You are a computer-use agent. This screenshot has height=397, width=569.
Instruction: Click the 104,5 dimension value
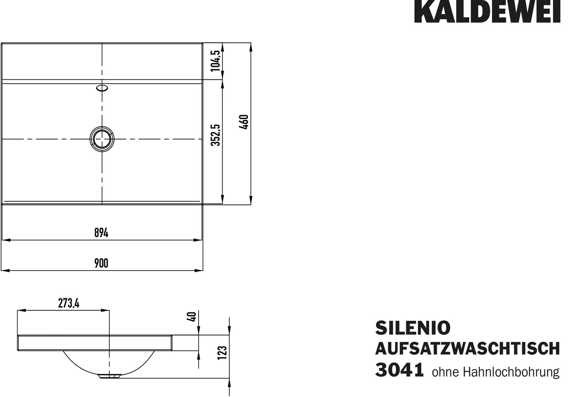(216, 61)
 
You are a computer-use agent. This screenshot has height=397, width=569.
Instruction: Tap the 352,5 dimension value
(216, 135)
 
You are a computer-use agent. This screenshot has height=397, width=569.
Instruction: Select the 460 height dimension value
(244, 122)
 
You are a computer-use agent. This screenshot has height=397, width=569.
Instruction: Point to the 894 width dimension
(101, 233)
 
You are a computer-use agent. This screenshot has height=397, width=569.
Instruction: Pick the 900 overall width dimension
(101, 263)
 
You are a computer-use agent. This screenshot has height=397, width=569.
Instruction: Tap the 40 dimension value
(192, 316)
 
